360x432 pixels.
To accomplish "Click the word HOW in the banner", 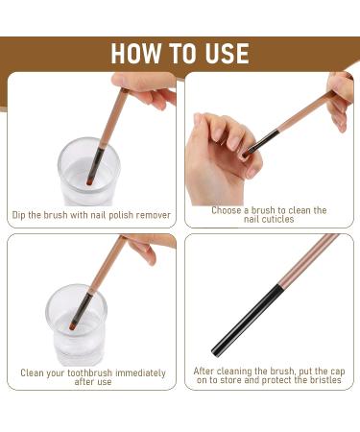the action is pyautogui.click(x=136, y=53).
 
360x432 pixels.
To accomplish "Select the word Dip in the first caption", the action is pyautogui.click(x=19, y=215).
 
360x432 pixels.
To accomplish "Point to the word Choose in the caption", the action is pyautogui.click(x=227, y=210).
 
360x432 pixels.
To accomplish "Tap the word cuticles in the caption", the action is pyautogui.click(x=277, y=219).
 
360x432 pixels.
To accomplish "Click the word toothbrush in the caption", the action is pyautogui.click(x=90, y=372).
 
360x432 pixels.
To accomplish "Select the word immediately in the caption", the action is pyautogui.click(x=140, y=373).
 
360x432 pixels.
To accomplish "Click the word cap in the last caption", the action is pyautogui.click(x=337, y=372).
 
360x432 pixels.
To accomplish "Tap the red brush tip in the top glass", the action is pyautogui.click(x=89, y=182).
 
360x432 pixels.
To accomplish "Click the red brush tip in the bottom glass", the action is pyautogui.click(x=73, y=326).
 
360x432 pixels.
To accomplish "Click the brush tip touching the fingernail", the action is pyautogui.click(x=246, y=155).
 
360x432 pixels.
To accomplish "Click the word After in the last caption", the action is pyautogui.click(x=204, y=372).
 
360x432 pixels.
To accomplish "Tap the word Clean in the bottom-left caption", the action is pyautogui.click(x=32, y=372).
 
